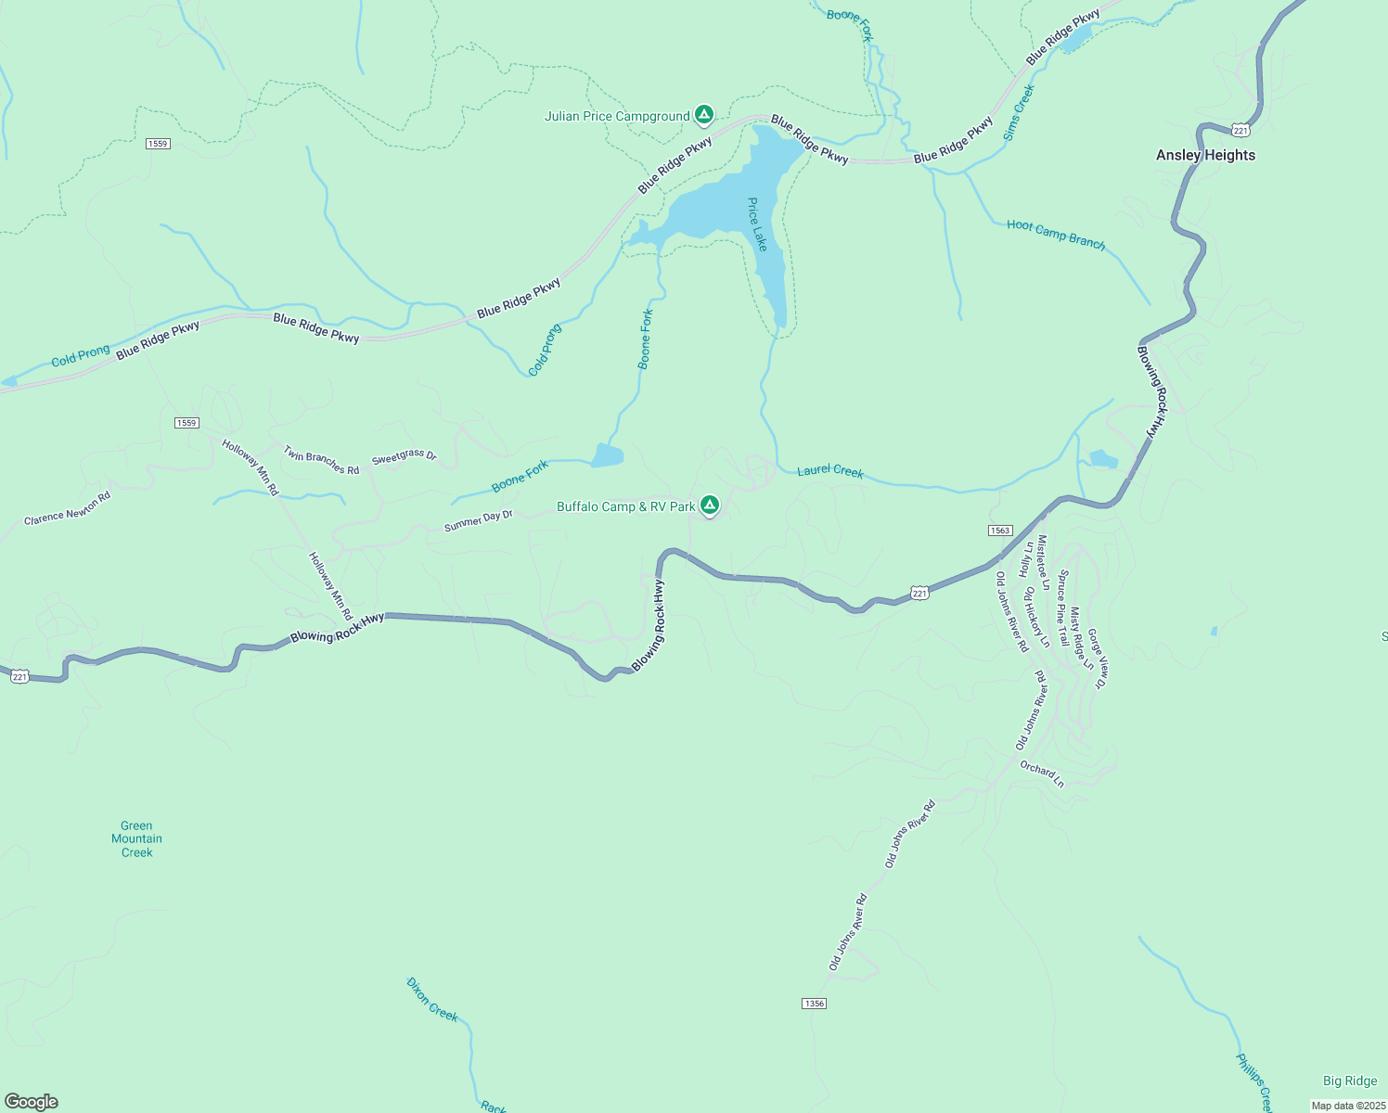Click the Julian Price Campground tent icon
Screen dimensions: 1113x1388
pos(704,115)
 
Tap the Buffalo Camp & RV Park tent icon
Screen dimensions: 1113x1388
pos(709,505)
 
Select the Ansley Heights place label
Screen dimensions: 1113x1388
pos(1205,155)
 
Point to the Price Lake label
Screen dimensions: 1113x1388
pos(758,224)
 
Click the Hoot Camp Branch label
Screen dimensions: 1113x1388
pos(1056,235)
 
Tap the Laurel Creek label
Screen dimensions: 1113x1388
pos(830,471)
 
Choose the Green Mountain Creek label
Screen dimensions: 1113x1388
pos(136,838)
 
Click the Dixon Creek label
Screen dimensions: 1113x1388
pos(432,1000)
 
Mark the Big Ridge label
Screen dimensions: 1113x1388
pos(1350,1081)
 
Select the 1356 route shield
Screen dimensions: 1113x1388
pos(814,1004)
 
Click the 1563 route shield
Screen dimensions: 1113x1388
pos(999,531)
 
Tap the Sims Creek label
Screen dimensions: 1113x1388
pos(1019,112)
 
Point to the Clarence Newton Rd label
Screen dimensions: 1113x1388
pos(67,508)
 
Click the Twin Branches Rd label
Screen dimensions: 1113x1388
pos(321,461)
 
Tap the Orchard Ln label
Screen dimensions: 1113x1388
pos(1042,774)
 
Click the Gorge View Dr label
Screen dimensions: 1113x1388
pos(1098,659)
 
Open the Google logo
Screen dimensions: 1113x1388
pos(32,1102)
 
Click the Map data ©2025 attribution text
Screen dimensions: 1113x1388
pos(1347,1106)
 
